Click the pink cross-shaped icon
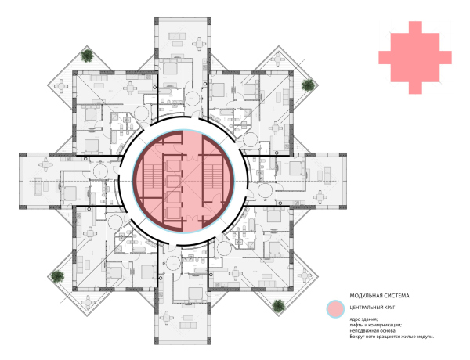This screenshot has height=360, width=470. pos(415,57)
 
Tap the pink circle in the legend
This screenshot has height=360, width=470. pos(335,309)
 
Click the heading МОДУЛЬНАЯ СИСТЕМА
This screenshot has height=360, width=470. pos(379,296)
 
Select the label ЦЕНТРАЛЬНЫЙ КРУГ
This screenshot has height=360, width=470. pos(372,308)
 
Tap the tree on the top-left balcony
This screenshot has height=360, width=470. pos(87,56)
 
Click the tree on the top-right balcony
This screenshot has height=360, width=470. pos(308,85)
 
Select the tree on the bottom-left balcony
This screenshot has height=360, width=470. pos(57,276)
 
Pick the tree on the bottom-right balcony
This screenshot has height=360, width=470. pos(279,306)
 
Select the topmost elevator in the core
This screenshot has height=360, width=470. pos(173,165)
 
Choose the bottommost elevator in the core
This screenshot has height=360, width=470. pos(173,213)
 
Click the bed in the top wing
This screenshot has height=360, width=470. pos(170,67)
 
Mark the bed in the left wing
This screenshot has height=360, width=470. pos(70,193)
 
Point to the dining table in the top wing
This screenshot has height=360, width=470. pos(199,44)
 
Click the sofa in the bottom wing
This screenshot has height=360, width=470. pos(189,325)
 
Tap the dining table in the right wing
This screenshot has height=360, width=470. pos(320,196)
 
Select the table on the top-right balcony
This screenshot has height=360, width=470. pos(278,59)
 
